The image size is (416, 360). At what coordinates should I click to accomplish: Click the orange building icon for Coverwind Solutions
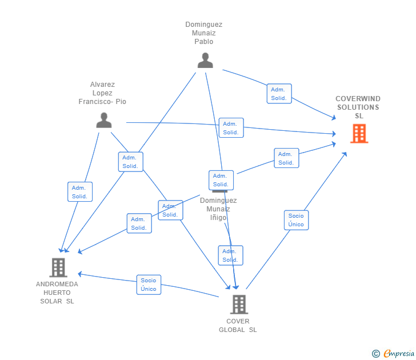pos(359,134)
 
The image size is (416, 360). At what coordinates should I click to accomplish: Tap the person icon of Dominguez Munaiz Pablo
pos(205,60)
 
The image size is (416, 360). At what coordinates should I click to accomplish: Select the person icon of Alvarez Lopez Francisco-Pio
pos(103,120)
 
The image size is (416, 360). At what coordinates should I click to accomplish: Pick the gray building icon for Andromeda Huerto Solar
pos(58,267)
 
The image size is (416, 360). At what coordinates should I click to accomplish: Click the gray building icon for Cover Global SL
pos(239,304)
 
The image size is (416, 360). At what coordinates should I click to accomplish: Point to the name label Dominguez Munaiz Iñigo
pos(218,209)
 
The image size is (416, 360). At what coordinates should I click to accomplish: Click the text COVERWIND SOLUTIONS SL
pos(358,107)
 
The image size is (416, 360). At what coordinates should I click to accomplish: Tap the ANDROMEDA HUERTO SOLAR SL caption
pos(57,293)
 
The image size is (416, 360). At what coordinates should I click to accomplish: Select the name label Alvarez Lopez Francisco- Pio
pos(102,93)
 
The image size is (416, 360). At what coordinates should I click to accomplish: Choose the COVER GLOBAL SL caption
pos(238,325)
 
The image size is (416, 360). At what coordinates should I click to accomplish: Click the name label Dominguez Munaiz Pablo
pos(203,33)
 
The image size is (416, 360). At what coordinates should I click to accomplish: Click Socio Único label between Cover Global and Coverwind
pos(296,220)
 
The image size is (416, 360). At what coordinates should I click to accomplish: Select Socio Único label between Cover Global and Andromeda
pos(149,285)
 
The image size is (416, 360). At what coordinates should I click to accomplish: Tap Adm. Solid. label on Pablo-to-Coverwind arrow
pos(279,94)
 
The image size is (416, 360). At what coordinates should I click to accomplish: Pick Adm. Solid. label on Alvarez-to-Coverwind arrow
pos(231,128)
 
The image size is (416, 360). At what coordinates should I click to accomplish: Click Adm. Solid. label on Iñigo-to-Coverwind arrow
pos(286,158)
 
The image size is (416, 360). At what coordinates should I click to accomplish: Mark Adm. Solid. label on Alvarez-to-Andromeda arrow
pos(79,192)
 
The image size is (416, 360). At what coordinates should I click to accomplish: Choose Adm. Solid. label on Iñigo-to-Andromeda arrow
pos(138,223)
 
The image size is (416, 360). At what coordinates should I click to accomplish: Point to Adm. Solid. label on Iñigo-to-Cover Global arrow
pos(230,255)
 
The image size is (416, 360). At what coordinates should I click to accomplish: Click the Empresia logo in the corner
pos(393,354)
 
